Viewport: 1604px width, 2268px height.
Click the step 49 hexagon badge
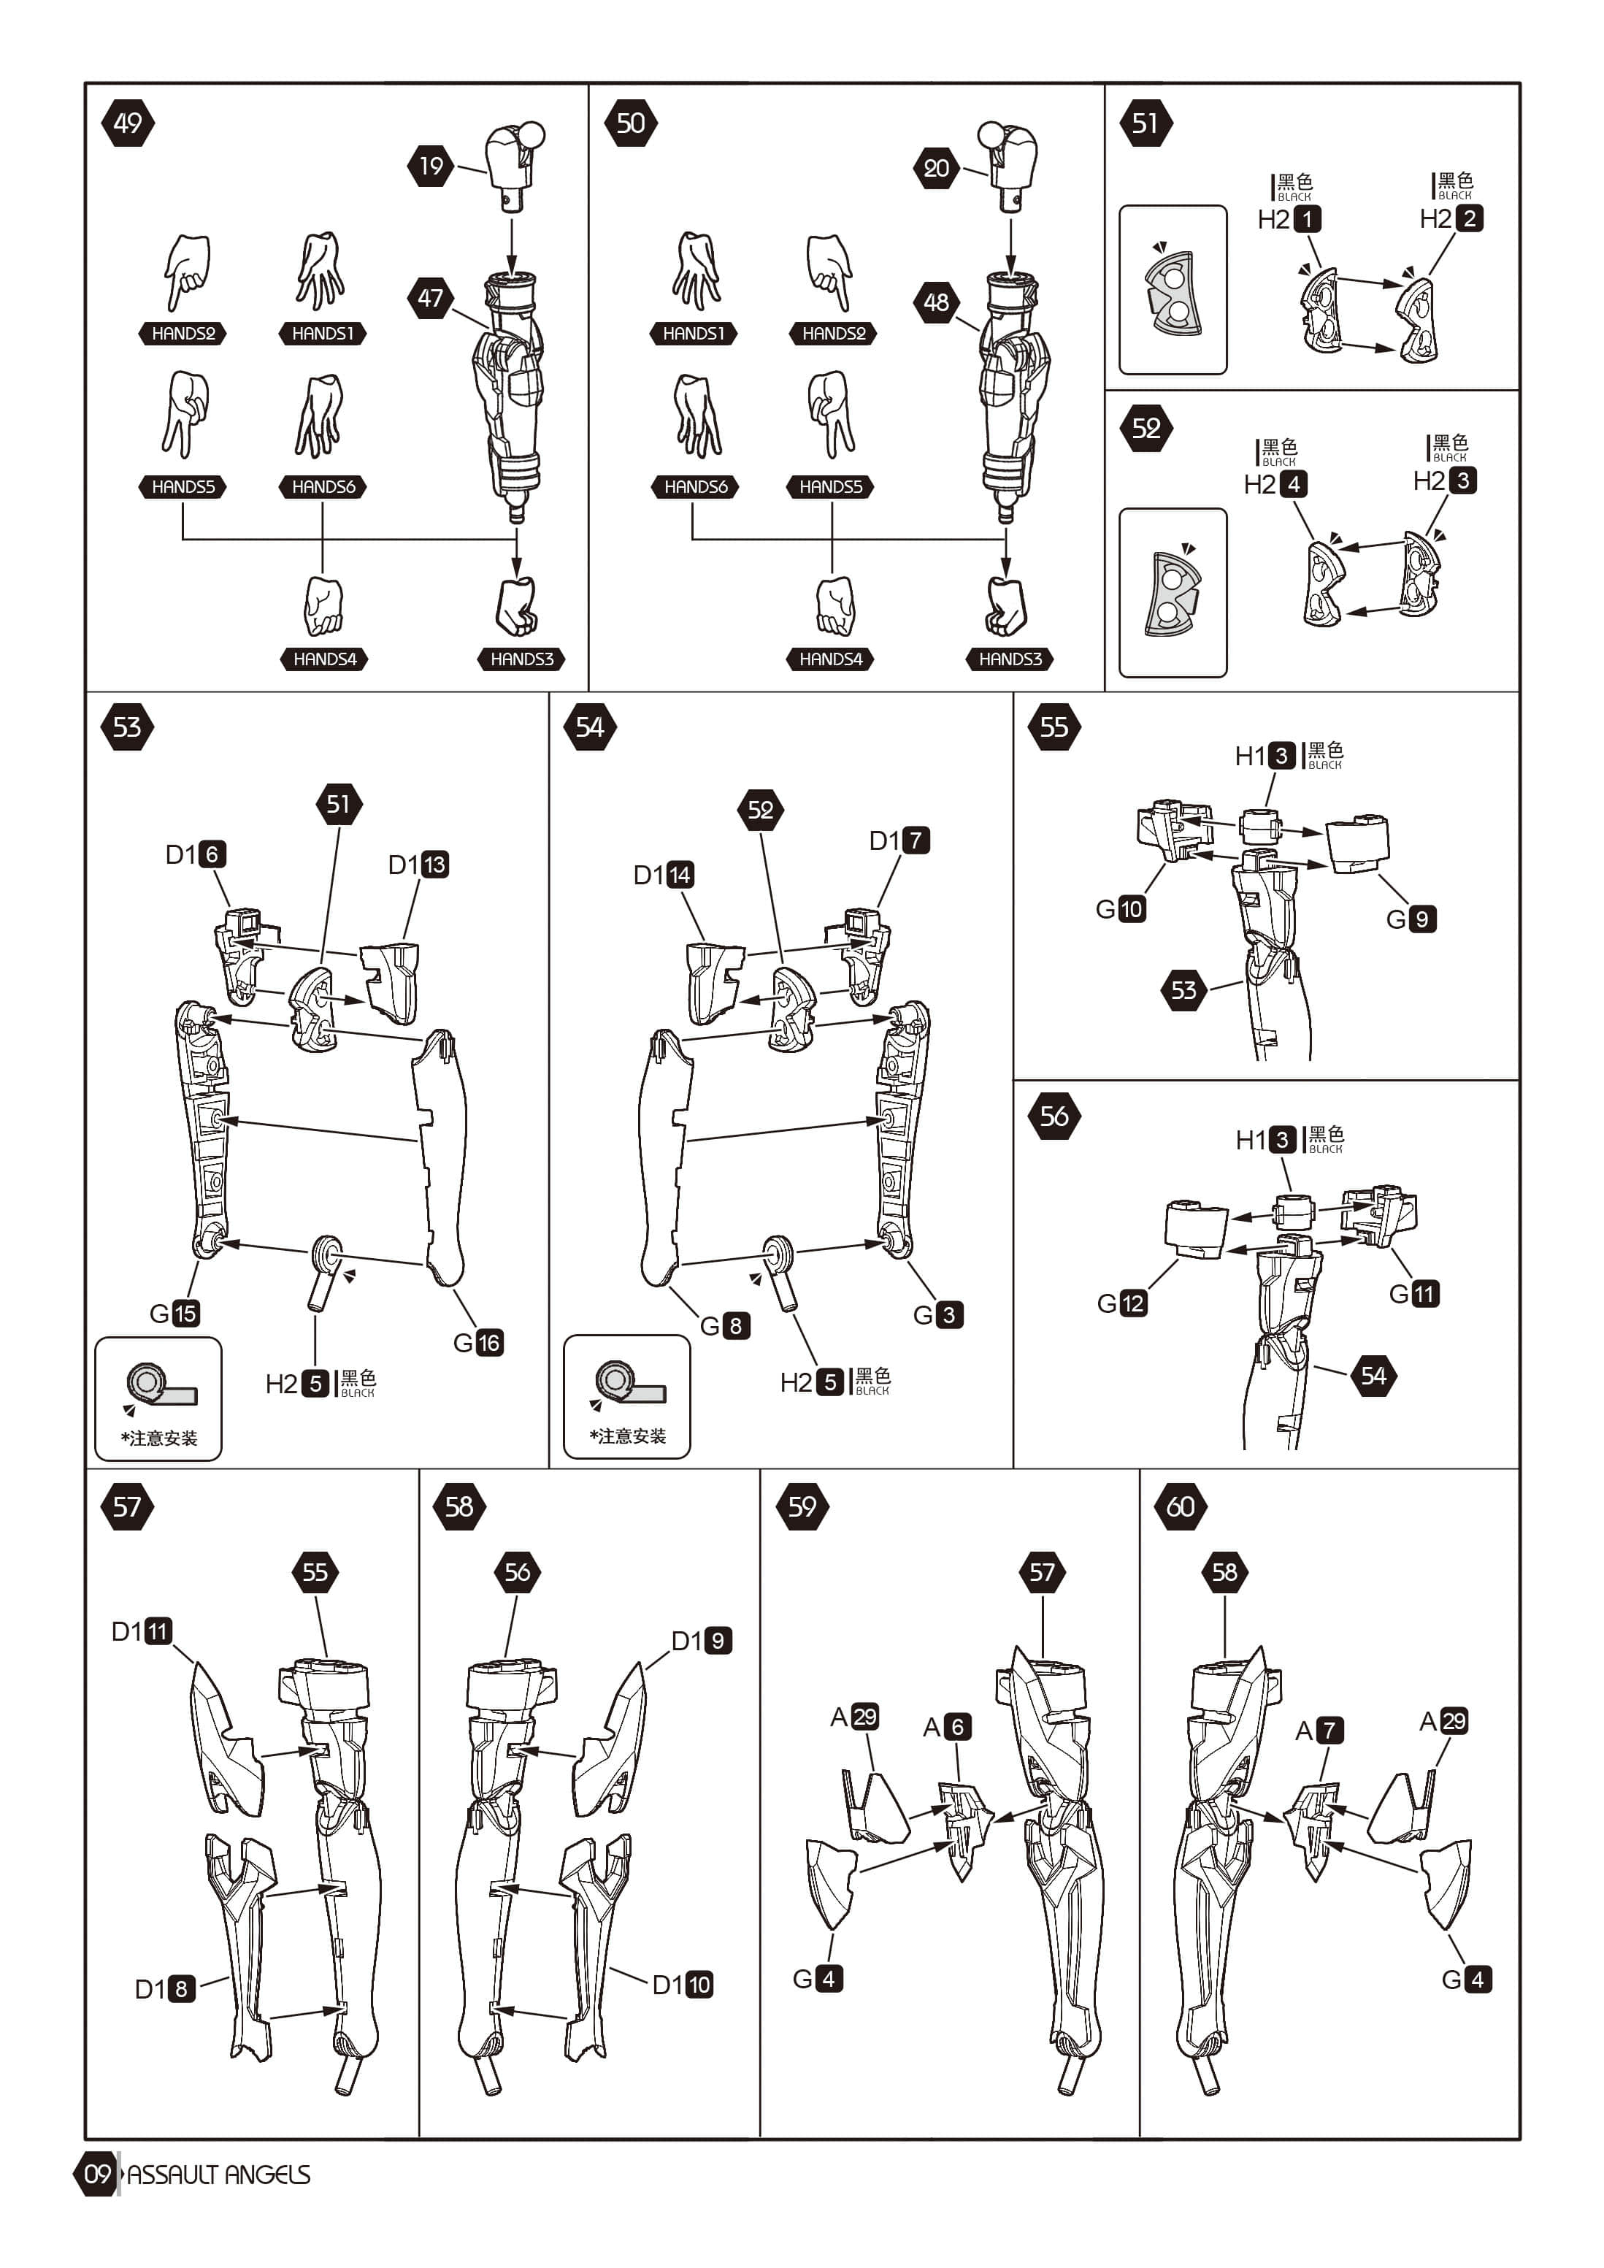click(128, 123)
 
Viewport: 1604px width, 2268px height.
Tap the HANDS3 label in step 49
click(521, 659)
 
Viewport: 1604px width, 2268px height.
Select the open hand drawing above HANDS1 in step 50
click(697, 271)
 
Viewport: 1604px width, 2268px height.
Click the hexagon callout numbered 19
click(431, 165)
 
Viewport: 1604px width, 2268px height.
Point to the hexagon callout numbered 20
click(936, 168)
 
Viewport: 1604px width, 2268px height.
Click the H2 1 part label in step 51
click(1289, 219)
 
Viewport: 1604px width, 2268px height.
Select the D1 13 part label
click(418, 865)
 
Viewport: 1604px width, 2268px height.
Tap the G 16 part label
click(478, 1342)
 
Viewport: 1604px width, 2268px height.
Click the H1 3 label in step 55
click(1265, 756)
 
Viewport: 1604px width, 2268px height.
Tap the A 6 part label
click(946, 1727)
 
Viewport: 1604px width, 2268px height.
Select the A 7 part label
click(1319, 1730)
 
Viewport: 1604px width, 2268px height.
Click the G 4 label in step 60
click(1467, 1979)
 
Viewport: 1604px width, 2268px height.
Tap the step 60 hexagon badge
click(1181, 1506)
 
